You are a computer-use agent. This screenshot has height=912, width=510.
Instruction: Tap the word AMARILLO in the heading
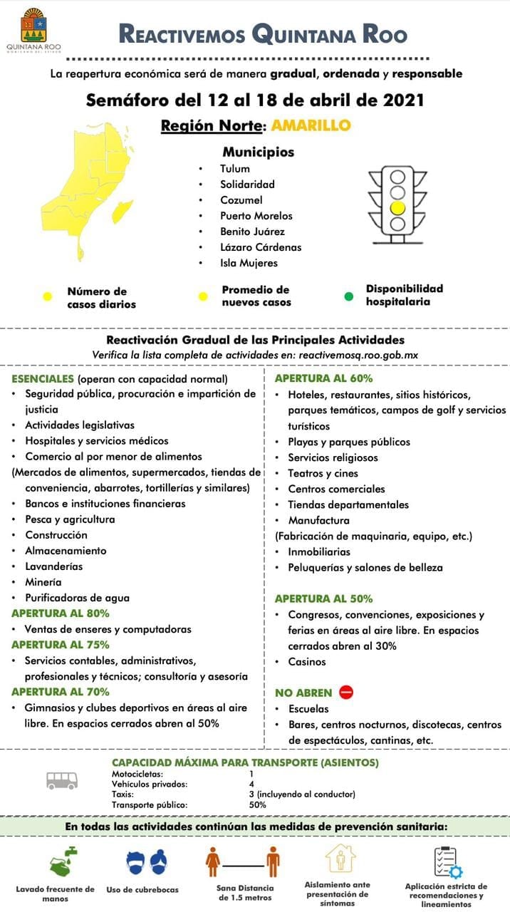pos(311,125)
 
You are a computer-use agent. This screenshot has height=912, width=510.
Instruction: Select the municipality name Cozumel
pos(241,200)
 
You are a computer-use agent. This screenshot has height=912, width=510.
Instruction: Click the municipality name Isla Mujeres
pos(249,263)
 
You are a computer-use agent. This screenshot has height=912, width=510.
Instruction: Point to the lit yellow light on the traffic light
pos(397,207)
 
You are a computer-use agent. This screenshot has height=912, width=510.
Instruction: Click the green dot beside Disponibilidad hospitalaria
pos(349,296)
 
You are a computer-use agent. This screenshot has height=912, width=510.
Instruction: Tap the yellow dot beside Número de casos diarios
pos(48,296)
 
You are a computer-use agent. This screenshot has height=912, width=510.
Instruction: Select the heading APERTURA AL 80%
pos(61,613)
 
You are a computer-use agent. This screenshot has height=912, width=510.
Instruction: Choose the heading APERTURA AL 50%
pos(323,598)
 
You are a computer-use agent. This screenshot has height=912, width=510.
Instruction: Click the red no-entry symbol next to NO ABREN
pos(346,692)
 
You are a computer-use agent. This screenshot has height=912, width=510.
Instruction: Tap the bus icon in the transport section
pos(62,780)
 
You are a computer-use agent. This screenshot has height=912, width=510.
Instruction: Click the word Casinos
pos(306,662)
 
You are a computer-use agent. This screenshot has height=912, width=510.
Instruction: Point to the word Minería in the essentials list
pos(43,582)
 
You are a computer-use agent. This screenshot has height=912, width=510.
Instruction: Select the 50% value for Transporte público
pos(258,804)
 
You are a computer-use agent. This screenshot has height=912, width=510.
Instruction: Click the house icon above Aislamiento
pos(340,859)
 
